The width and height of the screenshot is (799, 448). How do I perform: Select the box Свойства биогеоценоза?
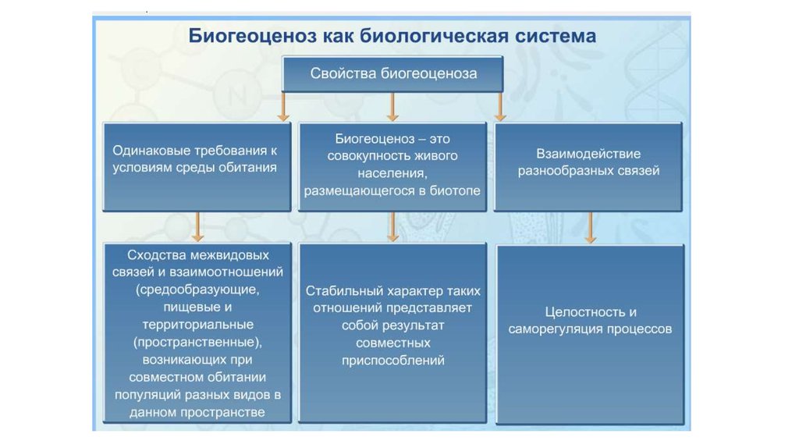click(x=393, y=74)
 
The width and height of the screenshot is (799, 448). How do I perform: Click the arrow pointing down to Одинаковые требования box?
click(x=283, y=106)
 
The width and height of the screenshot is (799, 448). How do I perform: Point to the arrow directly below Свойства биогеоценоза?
click(x=392, y=106)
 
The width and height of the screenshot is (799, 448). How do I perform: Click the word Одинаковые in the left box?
click(x=150, y=151)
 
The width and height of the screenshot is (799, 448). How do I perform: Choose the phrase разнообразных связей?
click(x=588, y=171)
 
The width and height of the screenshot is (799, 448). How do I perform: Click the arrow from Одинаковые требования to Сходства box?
click(x=198, y=226)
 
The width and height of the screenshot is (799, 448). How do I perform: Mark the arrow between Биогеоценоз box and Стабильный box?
click(x=392, y=226)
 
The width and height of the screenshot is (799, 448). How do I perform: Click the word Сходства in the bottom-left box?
click(x=158, y=255)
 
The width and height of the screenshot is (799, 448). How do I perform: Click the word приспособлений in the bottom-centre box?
click(x=392, y=361)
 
